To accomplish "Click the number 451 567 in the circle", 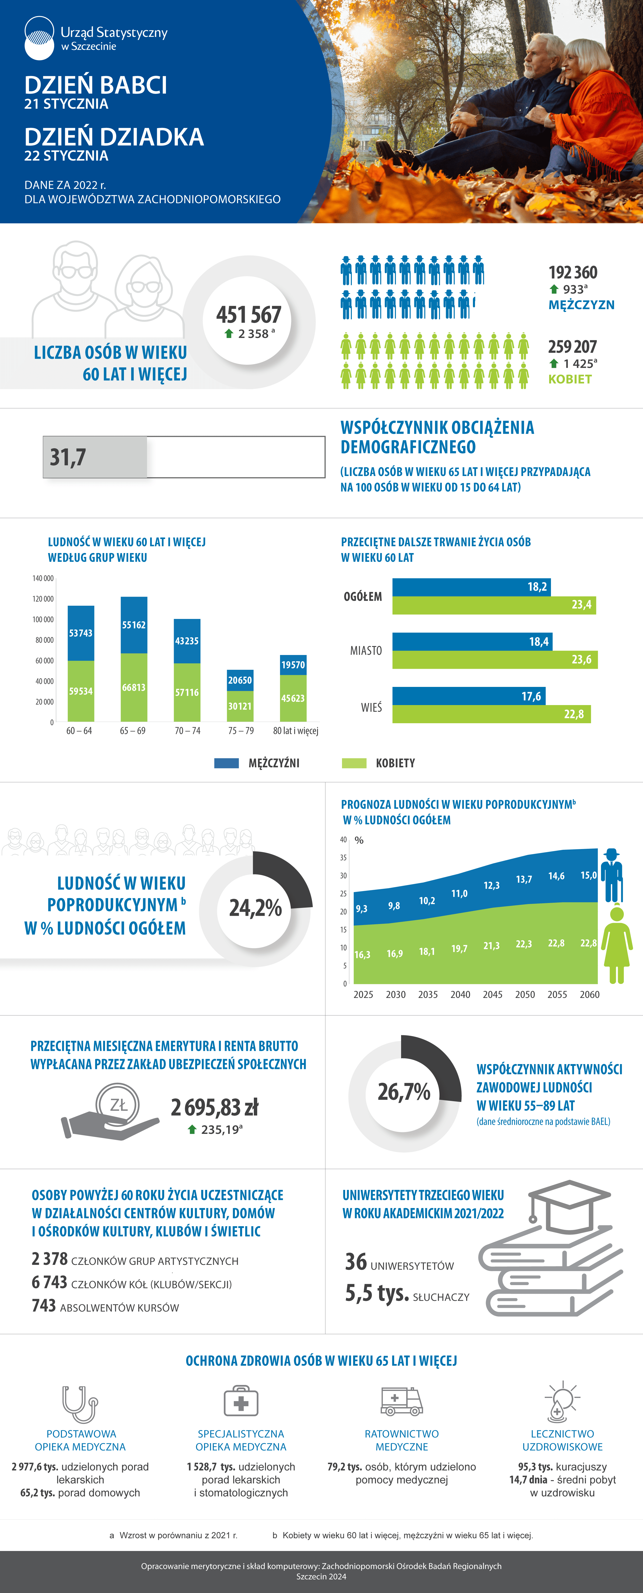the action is tap(249, 315).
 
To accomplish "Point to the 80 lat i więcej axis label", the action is tap(296, 731).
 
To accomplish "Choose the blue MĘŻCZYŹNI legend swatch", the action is tap(226, 763).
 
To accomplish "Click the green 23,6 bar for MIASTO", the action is tap(495, 659).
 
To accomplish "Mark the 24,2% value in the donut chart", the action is tap(255, 908).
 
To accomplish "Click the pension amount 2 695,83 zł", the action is tap(214, 1107).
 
